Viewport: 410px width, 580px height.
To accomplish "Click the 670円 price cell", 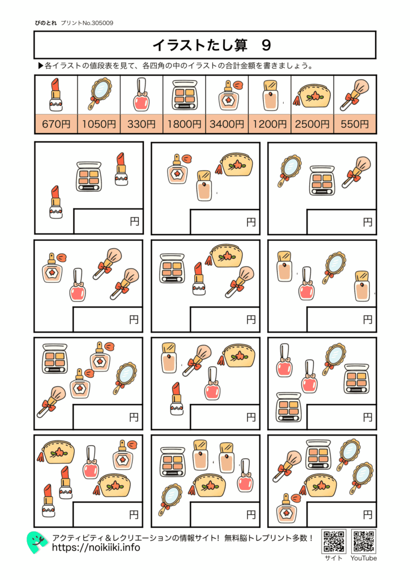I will [x=55, y=124].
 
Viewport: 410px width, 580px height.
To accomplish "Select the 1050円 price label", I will [x=99, y=124].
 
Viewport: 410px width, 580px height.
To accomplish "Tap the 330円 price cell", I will [x=141, y=124].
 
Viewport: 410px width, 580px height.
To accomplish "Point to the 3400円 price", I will [x=227, y=124].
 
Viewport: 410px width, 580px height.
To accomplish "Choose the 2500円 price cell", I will [x=312, y=124].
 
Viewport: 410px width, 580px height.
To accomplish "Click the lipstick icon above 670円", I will [x=55, y=95].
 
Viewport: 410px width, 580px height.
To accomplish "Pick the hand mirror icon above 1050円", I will [x=99, y=95].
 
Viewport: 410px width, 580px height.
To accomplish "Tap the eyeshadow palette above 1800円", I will [x=184, y=95].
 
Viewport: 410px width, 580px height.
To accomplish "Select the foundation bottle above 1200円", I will [x=270, y=95].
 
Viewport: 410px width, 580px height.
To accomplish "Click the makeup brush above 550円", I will [x=355, y=95].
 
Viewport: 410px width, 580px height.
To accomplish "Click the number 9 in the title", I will [x=266, y=45].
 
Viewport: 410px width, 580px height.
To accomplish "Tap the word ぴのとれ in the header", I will [x=45, y=23].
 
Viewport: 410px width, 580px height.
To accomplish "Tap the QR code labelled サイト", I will [x=334, y=541].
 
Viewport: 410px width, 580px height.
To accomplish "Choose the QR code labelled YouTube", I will [x=363, y=541].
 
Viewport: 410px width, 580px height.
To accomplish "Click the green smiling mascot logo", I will [x=37, y=542].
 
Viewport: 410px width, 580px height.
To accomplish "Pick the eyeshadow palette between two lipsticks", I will [x=88, y=176].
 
